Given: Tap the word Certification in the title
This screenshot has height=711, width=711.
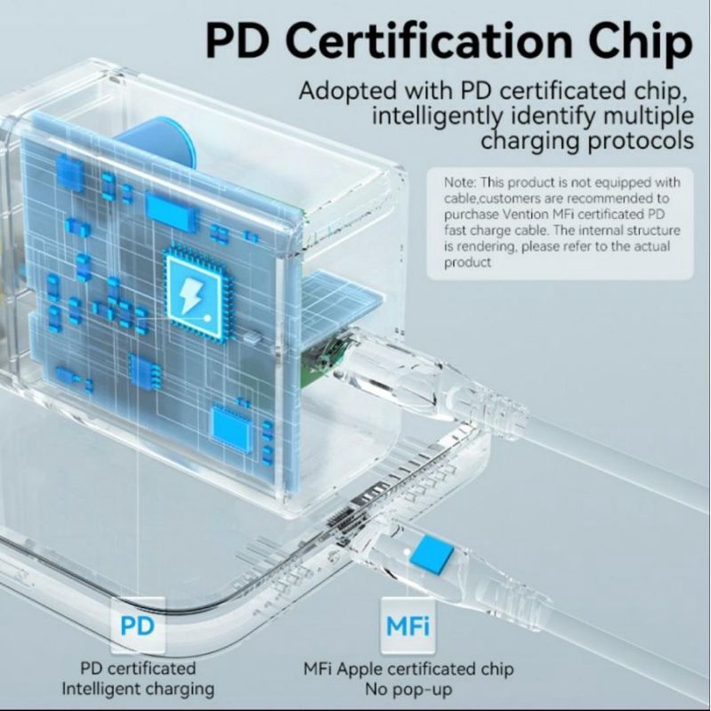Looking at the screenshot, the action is (429, 41).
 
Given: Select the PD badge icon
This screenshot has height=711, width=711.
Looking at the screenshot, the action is (137, 626).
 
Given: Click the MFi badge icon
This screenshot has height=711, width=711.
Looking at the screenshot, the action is (408, 626).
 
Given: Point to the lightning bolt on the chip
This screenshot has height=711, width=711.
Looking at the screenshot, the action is (191, 295).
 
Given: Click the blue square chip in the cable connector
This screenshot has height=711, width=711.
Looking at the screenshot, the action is (432, 554).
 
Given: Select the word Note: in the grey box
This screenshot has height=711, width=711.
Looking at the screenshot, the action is (460, 182).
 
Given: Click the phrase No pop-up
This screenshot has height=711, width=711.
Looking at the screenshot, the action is (408, 690).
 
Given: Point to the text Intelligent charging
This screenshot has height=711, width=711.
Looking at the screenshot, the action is (138, 689).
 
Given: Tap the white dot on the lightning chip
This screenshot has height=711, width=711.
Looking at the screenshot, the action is (207, 319).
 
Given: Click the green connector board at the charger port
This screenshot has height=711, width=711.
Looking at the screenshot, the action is (324, 359).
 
